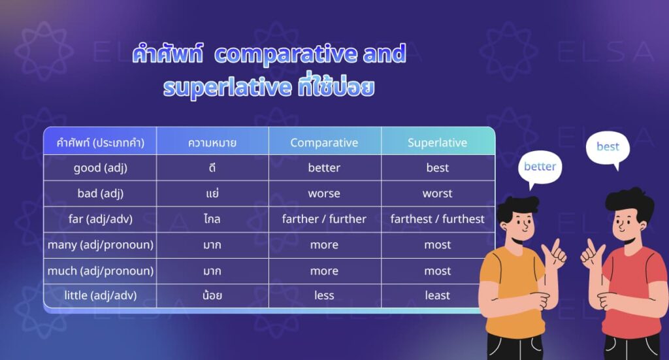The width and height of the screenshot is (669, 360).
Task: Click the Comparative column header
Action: tap(324, 142)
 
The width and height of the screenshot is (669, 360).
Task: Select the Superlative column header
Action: tap(437, 142)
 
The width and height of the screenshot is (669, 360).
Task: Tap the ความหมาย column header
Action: tap(212, 142)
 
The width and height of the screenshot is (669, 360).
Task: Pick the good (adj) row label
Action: tap(100, 168)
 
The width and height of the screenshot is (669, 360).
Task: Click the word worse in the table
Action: tap(324, 193)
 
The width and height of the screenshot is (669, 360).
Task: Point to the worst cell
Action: tap(437, 193)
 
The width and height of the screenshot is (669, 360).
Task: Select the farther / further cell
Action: tap(324, 219)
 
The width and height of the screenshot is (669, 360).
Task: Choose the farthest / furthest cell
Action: tap(437, 219)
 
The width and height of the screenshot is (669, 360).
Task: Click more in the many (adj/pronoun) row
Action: tap(324, 245)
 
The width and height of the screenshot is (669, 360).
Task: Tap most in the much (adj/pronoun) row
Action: tap(437, 270)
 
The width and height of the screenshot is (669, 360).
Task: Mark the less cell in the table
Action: tap(324, 295)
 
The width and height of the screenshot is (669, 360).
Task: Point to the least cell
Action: tap(437, 295)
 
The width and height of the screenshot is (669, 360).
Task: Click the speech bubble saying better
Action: tap(540, 167)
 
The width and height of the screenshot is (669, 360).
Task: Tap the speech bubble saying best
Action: tap(608, 147)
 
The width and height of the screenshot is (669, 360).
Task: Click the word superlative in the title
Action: tap(226, 87)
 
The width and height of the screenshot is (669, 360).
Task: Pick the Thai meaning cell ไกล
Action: tap(212, 219)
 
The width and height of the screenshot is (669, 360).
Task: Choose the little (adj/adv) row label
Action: tap(100, 295)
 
